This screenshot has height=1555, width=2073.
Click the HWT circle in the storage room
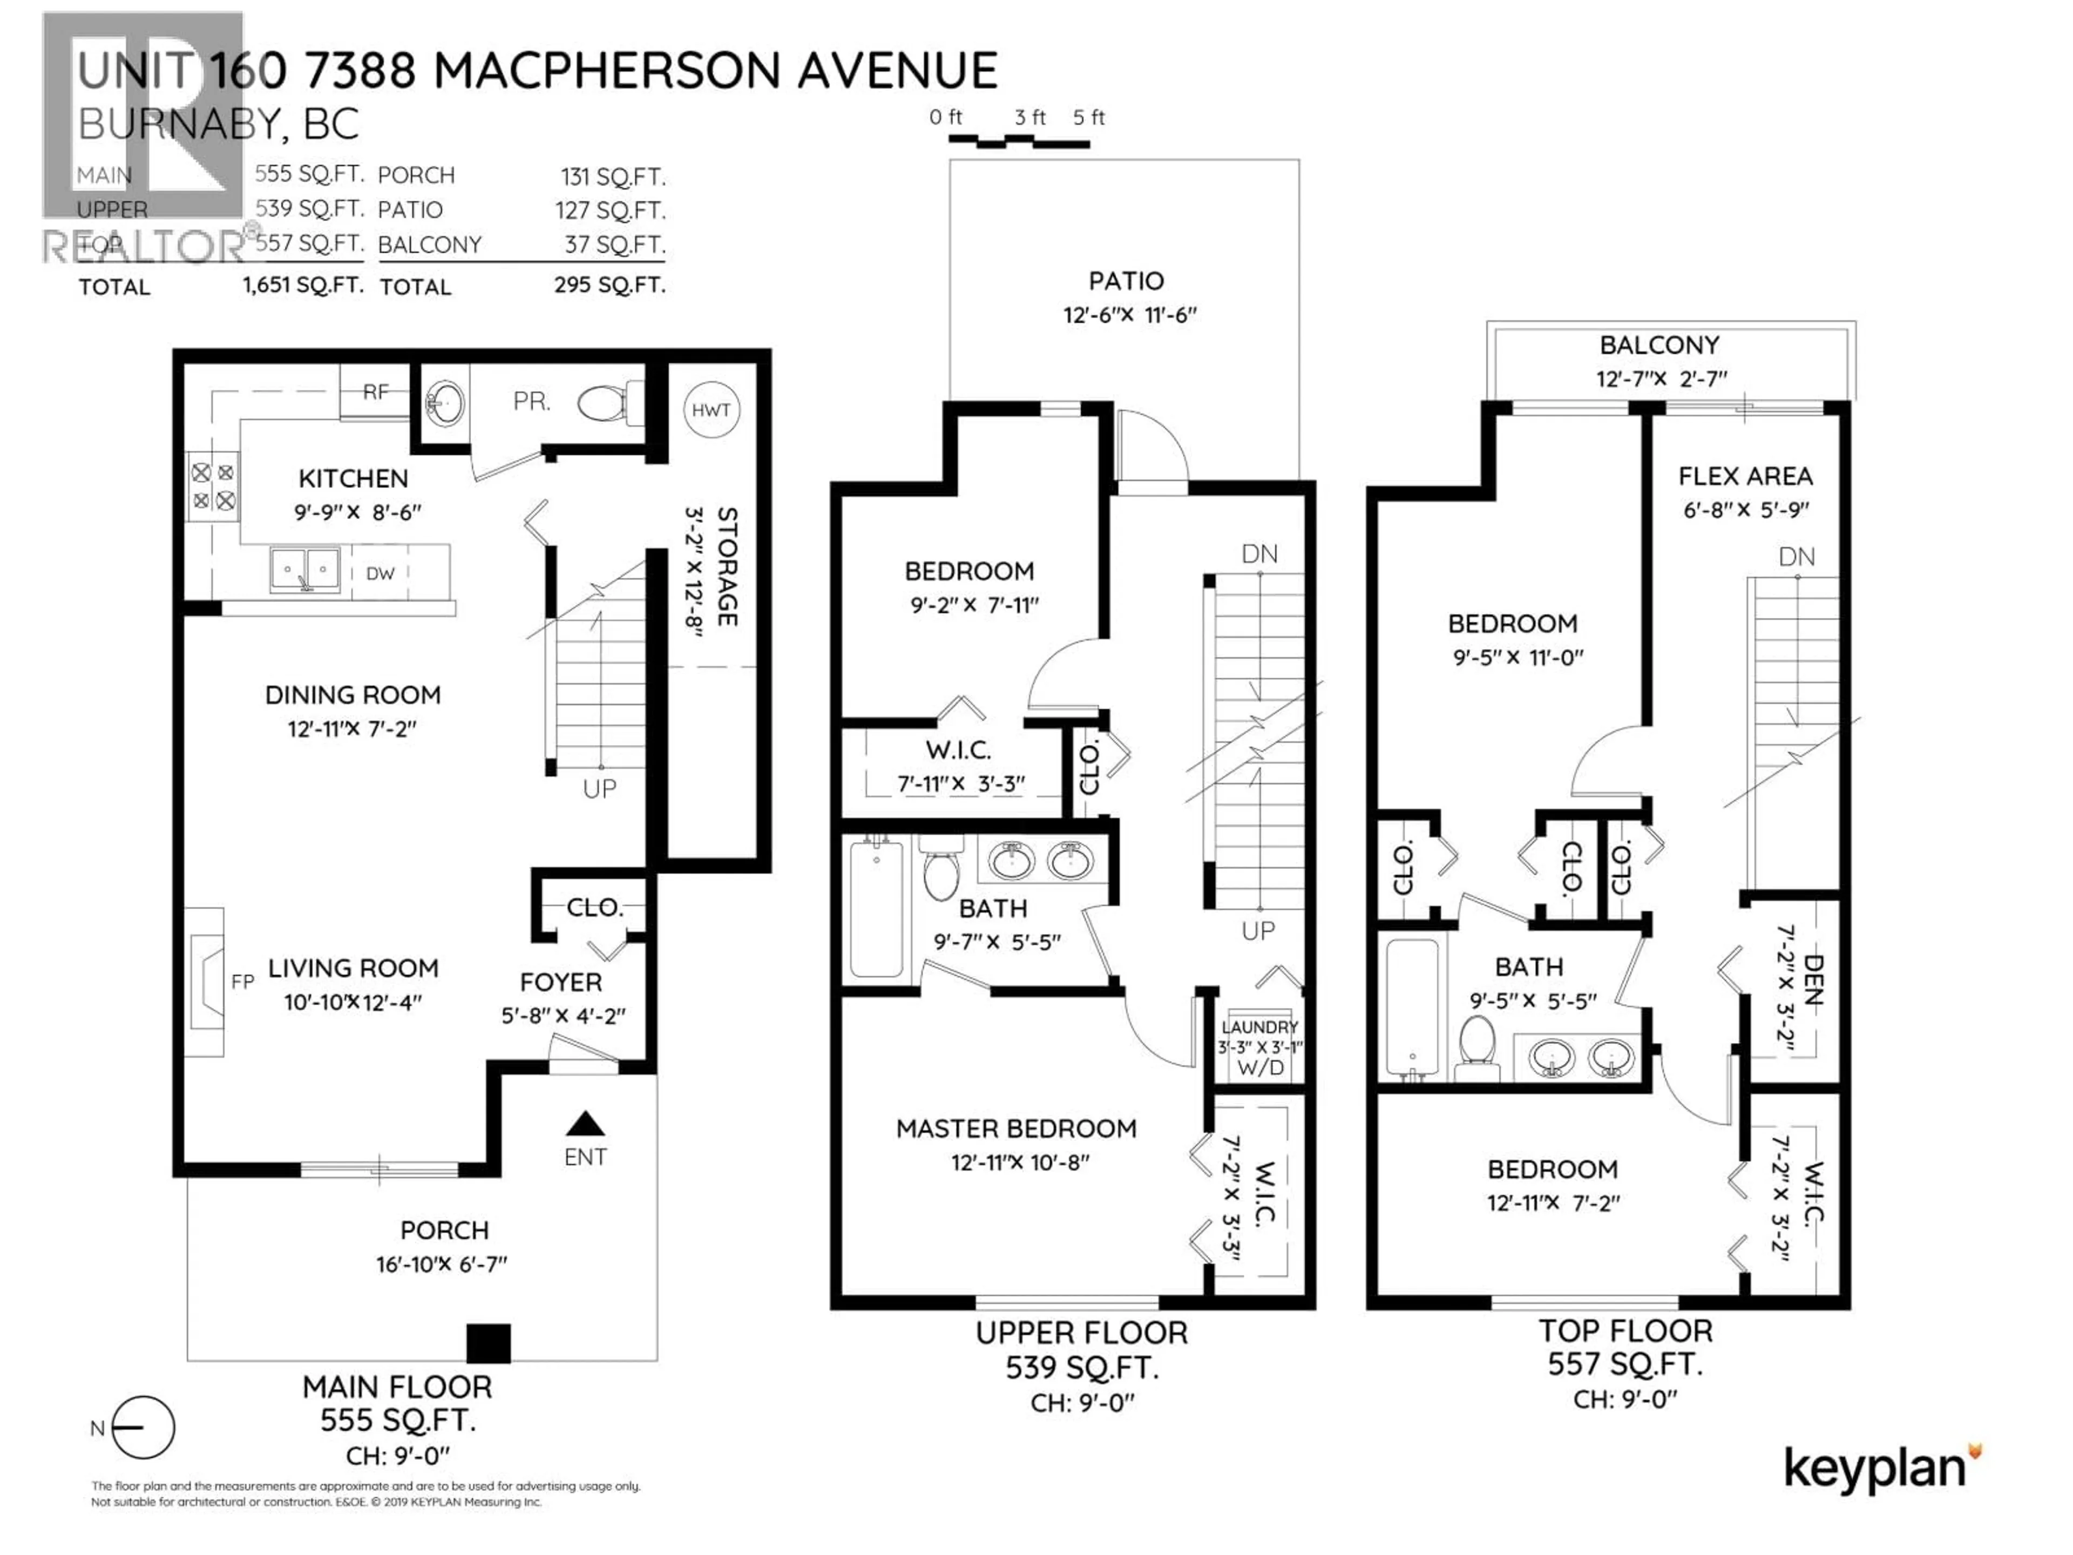[710, 410]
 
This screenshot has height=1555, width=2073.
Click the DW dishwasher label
[381, 573]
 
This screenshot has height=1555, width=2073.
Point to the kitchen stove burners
[214, 488]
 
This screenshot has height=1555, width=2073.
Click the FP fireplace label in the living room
[243, 982]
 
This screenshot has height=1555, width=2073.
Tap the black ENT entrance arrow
[586, 1123]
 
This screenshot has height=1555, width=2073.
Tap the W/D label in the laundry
[1261, 1067]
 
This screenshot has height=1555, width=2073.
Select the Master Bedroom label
[1016, 1128]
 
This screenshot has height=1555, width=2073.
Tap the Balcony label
[1659, 345]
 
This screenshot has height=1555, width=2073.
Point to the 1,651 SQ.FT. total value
[303, 285]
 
